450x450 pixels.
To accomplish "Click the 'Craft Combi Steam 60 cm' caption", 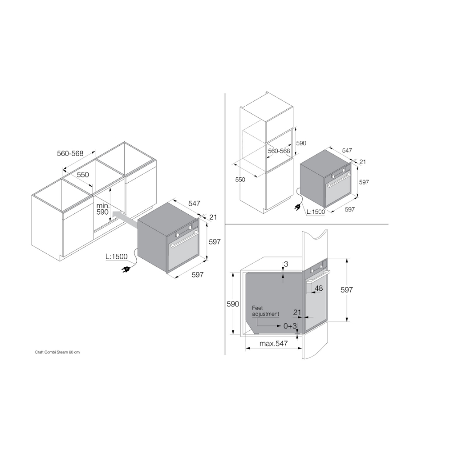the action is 58,352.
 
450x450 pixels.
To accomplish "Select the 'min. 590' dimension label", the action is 103,209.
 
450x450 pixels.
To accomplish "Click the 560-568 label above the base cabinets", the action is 70,153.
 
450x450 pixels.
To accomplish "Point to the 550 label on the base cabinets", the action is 83,175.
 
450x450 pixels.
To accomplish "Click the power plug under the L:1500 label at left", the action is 126,269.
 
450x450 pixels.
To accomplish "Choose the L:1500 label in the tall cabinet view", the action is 316,212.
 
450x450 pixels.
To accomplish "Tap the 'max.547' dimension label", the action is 274,343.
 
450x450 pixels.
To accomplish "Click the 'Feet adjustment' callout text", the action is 265,311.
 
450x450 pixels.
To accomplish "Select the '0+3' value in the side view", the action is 290,326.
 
